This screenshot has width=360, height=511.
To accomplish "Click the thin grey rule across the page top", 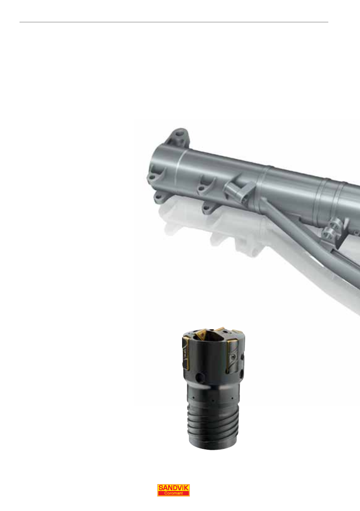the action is point(174,22).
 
